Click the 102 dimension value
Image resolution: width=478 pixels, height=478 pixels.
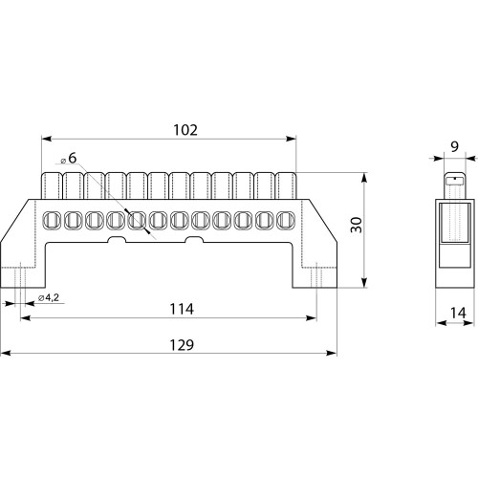[185, 130]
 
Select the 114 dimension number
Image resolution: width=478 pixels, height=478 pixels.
[182, 309]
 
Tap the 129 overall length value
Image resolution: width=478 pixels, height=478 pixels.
[182, 345]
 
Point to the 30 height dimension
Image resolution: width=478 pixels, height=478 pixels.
[357, 225]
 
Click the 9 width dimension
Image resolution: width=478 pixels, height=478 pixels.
[454, 146]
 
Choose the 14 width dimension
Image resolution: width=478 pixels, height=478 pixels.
[458, 313]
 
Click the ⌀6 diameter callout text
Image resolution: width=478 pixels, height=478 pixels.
[69, 159]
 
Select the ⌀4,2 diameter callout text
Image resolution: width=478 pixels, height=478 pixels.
[49, 298]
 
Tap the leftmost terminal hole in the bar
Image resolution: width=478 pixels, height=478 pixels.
[52, 220]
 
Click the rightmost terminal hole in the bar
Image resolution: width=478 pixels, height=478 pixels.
[286, 220]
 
